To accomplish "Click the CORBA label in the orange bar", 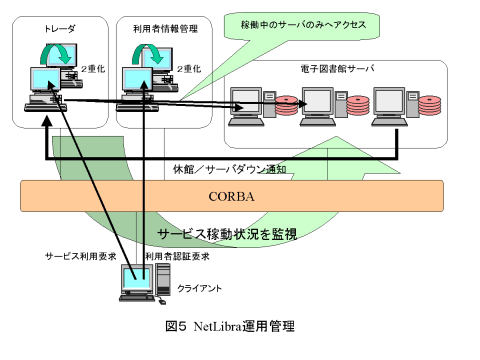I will [x=231, y=197].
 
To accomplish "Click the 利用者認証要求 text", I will [x=177, y=257].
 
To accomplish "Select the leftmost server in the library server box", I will [x=247, y=103].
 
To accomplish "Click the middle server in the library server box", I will [x=319, y=103].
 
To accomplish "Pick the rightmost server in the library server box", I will [x=387, y=103].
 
